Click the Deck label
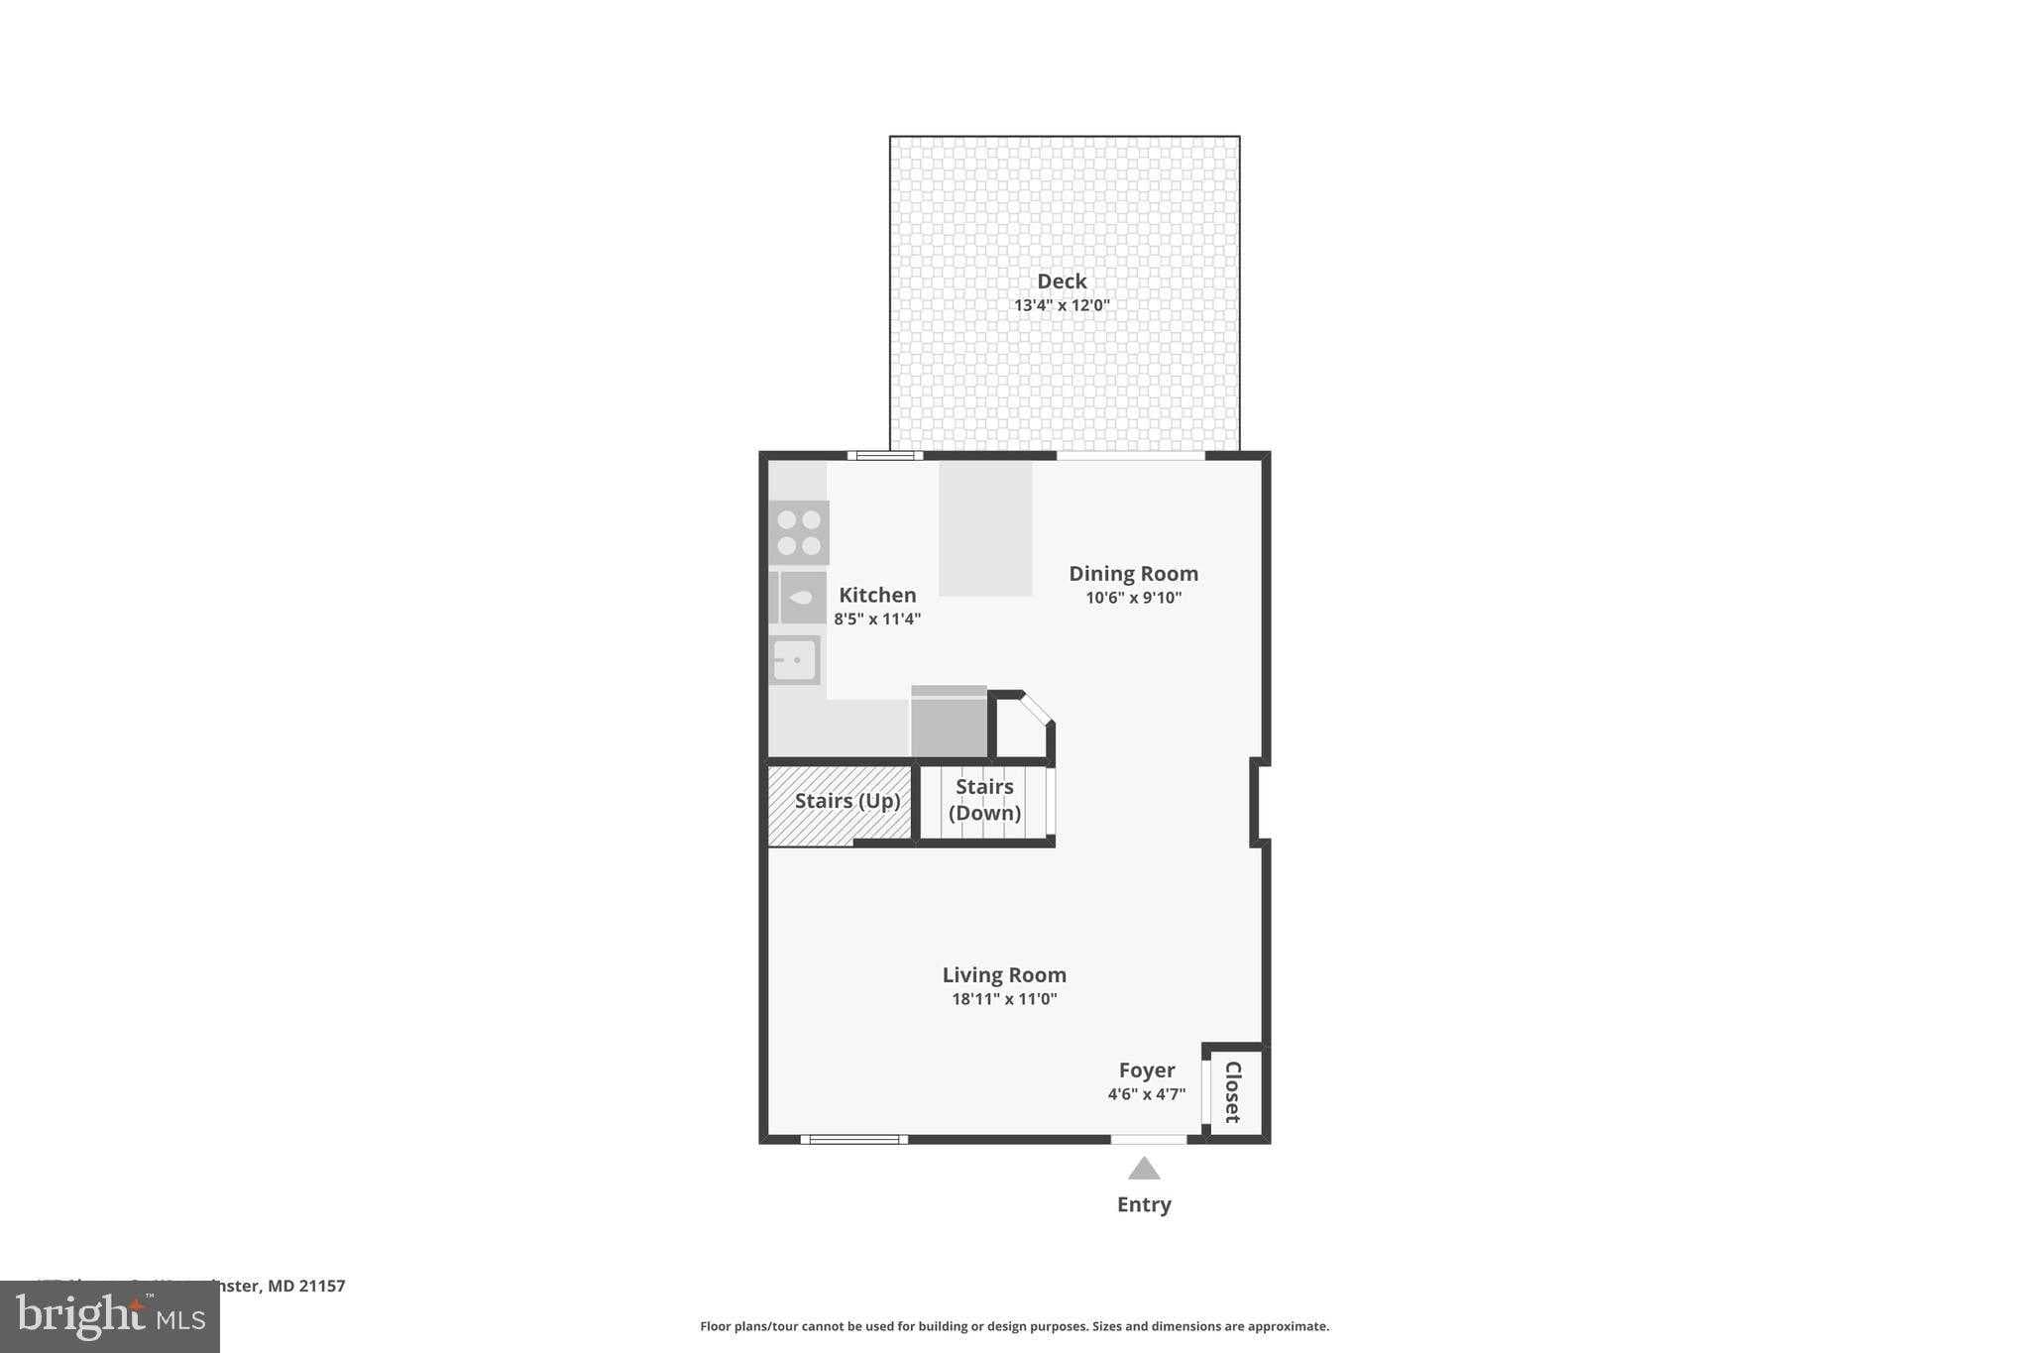click(1062, 282)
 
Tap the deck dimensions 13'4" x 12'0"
click(1062, 305)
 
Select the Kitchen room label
click(877, 595)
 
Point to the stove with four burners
click(799, 532)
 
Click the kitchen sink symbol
click(795, 659)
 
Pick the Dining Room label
click(1133, 573)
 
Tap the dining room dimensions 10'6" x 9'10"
click(1133, 598)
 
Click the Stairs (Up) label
click(847, 800)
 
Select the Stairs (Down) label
click(984, 799)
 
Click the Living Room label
click(1004, 974)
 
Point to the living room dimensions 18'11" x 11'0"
click(1004, 999)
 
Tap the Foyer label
click(1147, 1070)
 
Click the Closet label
click(1233, 1091)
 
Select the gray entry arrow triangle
click(1144, 1169)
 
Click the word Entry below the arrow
click(1144, 1204)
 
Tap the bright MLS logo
click(110, 1316)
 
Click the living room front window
click(854, 1140)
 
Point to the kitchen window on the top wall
click(885, 456)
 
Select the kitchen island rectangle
click(985, 528)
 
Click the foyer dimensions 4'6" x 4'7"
click(1147, 1094)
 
